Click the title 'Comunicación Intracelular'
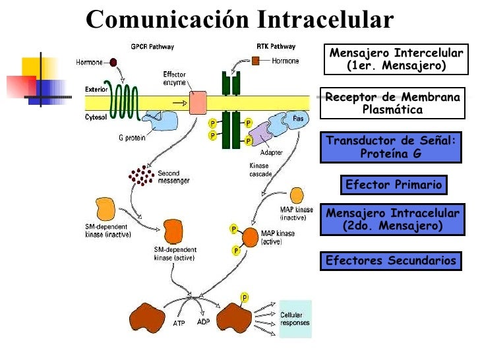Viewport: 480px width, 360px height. [239, 19]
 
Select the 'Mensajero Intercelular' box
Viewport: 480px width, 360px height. [395, 59]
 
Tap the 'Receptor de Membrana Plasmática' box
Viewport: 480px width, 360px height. [393, 104]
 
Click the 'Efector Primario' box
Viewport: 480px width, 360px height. [394, 185]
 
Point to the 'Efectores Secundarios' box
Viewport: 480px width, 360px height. [391, 260]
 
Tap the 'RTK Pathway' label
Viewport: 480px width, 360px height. [276, 47]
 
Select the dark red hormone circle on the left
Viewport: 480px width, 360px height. [113, 62]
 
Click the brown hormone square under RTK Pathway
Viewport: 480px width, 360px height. [256, 61]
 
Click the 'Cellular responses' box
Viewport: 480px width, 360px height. [295, 319]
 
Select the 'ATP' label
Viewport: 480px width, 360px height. [179, 324]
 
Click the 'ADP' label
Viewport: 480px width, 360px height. [203, 322]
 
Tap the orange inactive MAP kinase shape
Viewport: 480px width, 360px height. [296, 195]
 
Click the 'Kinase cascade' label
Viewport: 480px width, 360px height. [260, 169]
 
